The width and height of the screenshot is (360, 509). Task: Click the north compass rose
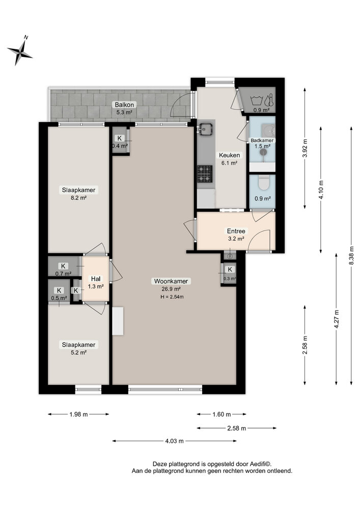coord(20,50)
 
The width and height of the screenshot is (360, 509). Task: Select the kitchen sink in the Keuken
coord(206,130)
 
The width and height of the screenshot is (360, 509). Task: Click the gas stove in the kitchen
coord(205,173)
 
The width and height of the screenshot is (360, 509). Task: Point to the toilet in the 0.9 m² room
coord(263,182)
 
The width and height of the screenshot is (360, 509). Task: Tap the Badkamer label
coord(262,140)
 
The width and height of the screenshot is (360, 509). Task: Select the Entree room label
coord(236,231)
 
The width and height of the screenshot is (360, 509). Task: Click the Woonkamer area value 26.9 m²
coord(172,289)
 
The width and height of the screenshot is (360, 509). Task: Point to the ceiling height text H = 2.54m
coord(172,297)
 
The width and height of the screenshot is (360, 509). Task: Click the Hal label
coord(96,279)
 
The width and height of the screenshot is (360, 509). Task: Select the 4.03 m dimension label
coord(174,441)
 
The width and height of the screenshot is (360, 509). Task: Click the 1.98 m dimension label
coord(78,414)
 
